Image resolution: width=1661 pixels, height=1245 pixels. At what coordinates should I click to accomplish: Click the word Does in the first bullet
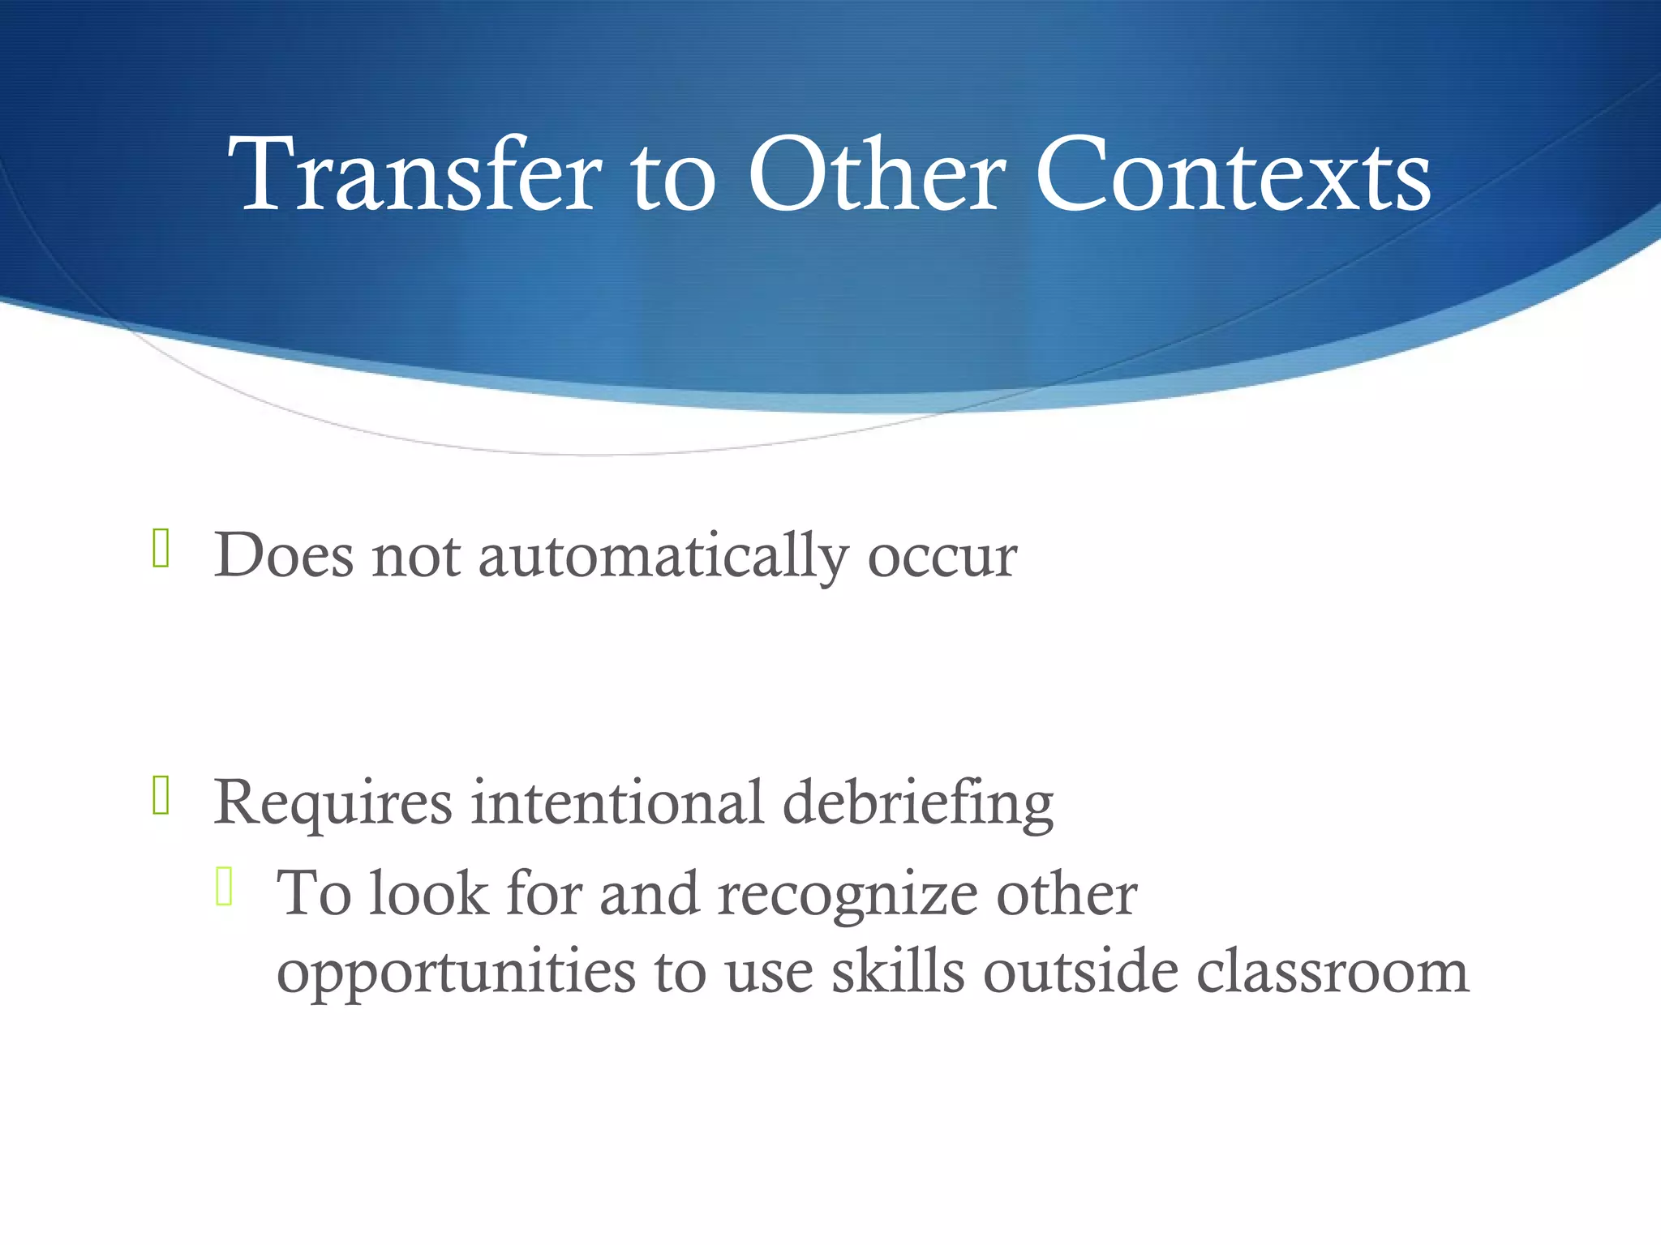284,556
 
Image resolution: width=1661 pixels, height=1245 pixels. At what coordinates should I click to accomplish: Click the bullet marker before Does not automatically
161,548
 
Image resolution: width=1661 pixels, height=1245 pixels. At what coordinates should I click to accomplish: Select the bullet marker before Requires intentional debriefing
161,795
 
